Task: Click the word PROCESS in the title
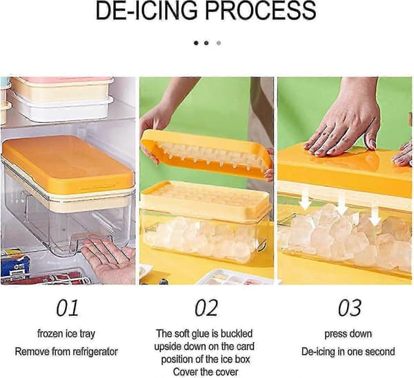pos(260,10)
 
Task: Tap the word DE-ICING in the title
pos(146,10)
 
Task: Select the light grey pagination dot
pos(218,43)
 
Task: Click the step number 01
pos(67,308)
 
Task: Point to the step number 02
pos(206,308)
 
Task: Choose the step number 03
pos(349,308)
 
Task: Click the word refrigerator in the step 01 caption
pos(95,352)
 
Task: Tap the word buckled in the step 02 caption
pos(237,334)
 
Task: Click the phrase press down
pos(348,334)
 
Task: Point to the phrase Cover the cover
pos(206,372)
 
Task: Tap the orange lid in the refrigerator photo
pos(68,163)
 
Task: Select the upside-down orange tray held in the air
pos(206,156)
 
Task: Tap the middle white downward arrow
pos(342,203)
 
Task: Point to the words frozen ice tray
pos(66,334)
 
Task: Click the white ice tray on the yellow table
pos(235,277)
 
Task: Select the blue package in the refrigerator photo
pos(14,266)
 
